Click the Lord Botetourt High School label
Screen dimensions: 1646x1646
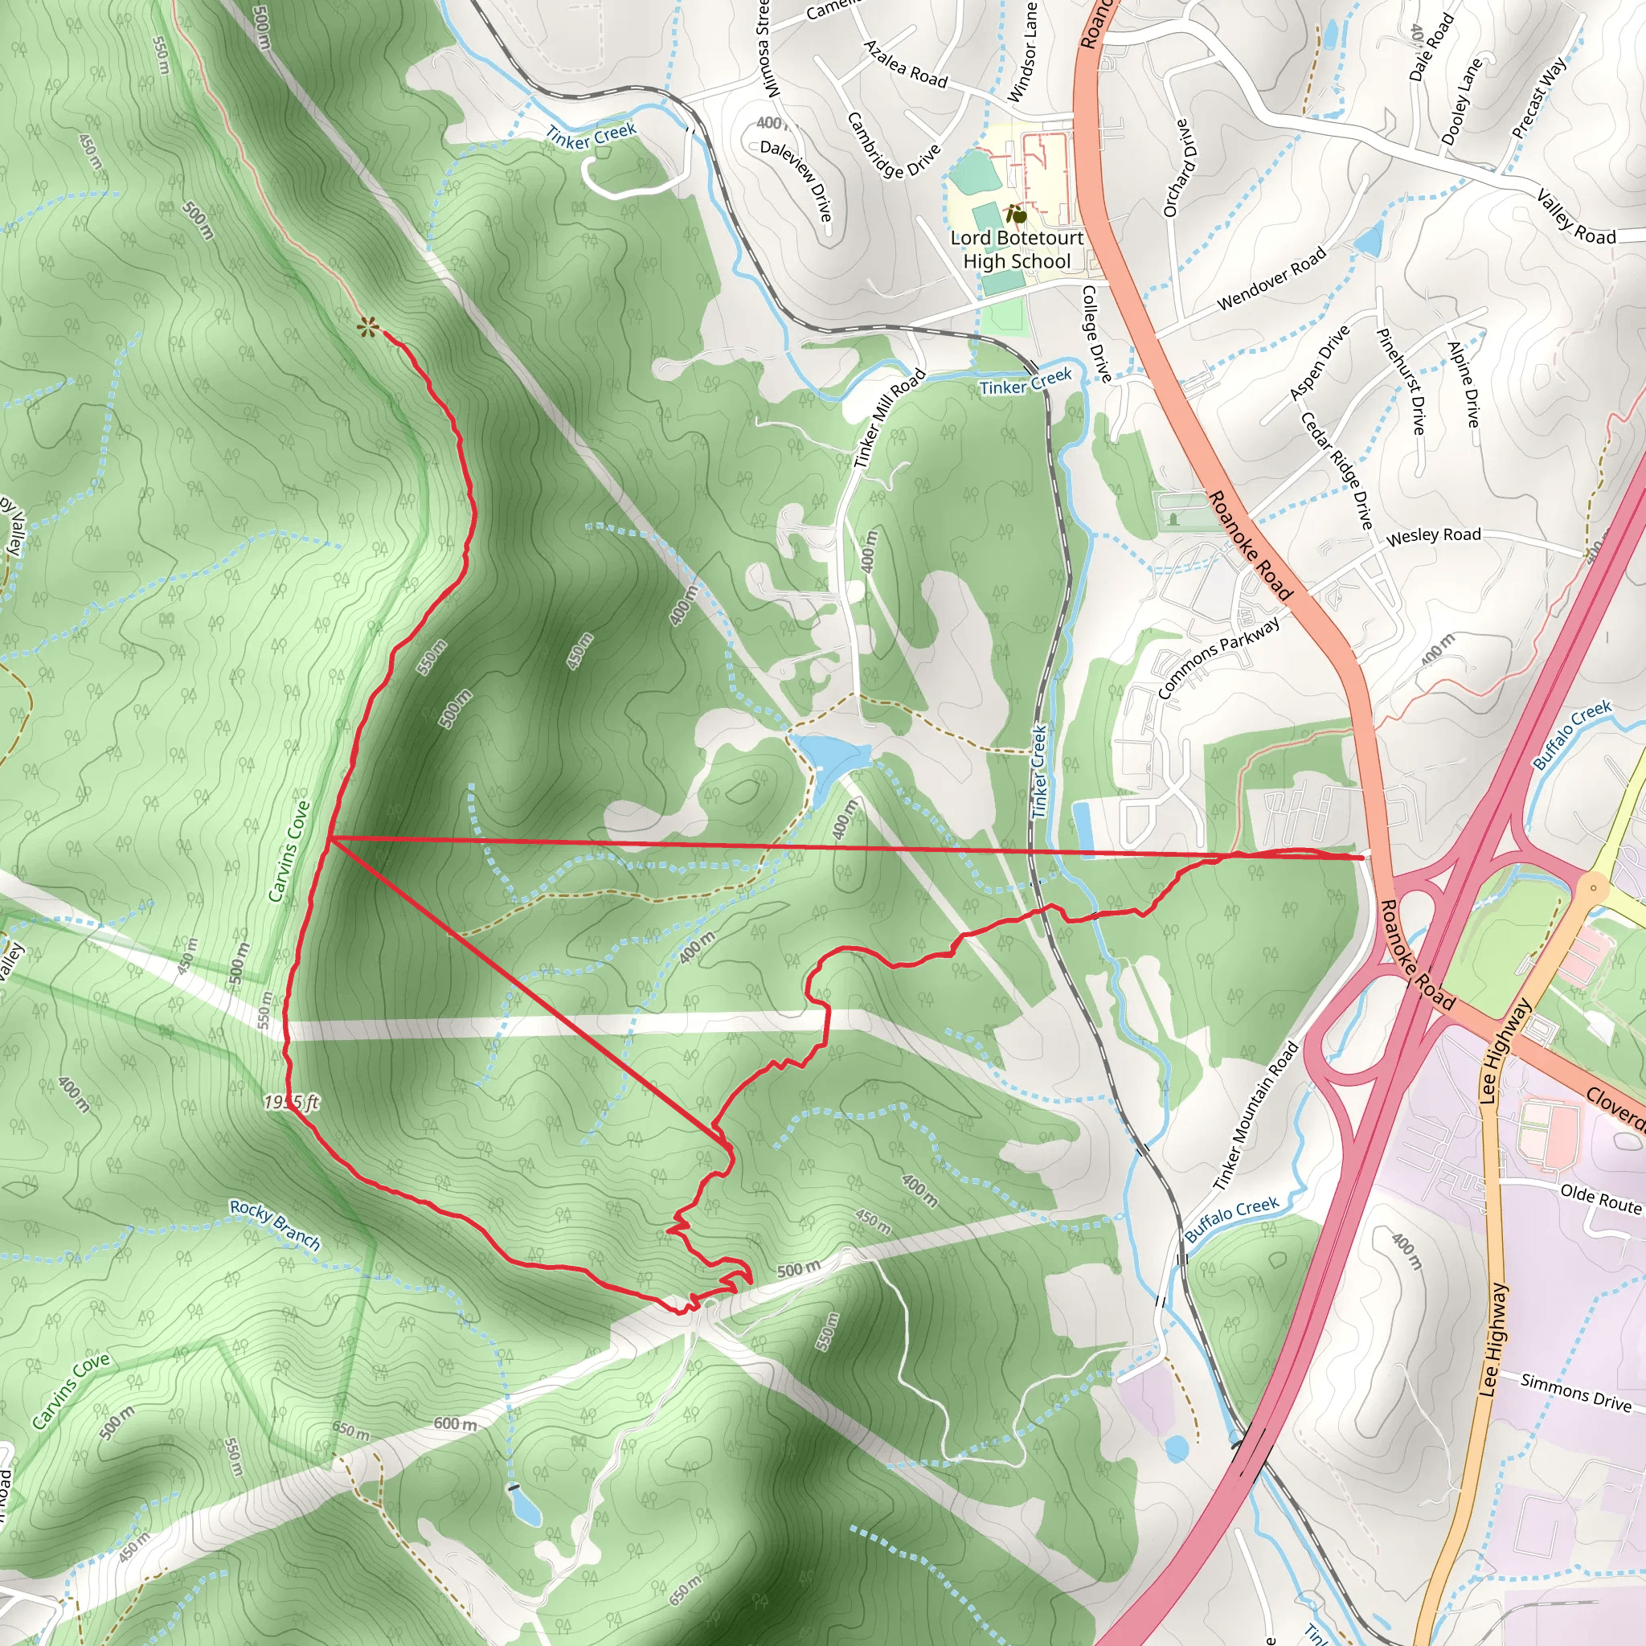coord(1017,250)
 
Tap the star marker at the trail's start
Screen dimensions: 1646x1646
coord(367,326)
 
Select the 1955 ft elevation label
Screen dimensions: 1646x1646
coord(292,1103)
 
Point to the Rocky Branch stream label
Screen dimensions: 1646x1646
coord(275,1225)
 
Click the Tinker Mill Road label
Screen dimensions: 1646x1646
coord(890,418)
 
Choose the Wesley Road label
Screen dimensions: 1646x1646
coord(1433,535)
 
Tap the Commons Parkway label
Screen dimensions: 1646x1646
coord(1218,657)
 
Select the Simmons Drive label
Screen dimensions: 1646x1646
coord(1575,1391)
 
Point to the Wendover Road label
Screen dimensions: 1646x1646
coord(1271,279)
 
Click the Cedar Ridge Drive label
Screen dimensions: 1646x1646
coord(1337,469)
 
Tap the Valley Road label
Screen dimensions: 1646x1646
coord(1575,219)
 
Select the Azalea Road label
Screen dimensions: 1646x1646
coord(906,64)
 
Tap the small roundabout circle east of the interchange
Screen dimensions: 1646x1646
coord(1593,888)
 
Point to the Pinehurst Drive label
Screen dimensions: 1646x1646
coord(1401,381)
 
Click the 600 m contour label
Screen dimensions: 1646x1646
coord(455,1423)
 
